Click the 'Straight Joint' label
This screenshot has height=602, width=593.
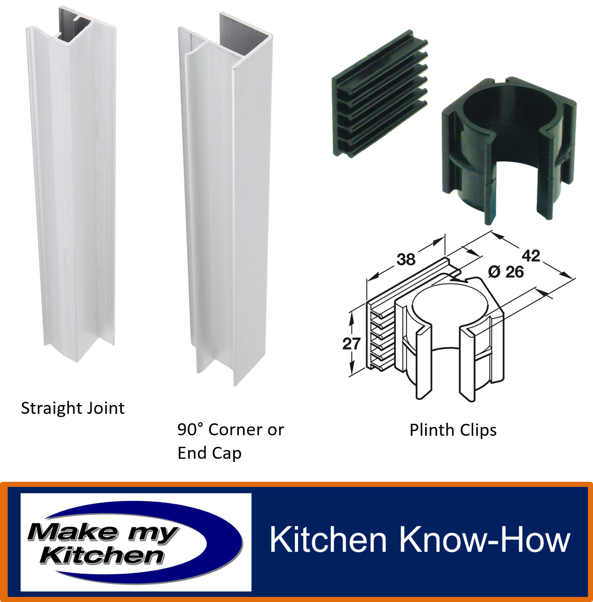tap(73, 408)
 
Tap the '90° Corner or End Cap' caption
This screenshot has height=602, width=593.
tap(231, 441)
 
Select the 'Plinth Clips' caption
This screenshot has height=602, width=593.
tap(453, 431)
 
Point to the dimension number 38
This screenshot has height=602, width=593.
tap(406, 260)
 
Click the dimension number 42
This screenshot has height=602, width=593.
tap(531, 256)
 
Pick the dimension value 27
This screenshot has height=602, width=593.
tap(351, 344)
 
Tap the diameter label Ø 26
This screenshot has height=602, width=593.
tap(506, 272)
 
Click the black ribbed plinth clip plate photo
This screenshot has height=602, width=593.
tap(380, 94)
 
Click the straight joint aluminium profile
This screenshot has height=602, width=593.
tap(72, 184)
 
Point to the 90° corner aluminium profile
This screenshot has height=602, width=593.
tap(226, 200)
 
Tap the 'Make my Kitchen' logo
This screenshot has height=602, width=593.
tap(135, 542)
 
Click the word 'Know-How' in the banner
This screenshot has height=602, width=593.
tap(485, 539)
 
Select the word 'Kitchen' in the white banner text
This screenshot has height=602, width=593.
tap(327, 539)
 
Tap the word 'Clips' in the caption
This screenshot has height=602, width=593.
tap(478, 431)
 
